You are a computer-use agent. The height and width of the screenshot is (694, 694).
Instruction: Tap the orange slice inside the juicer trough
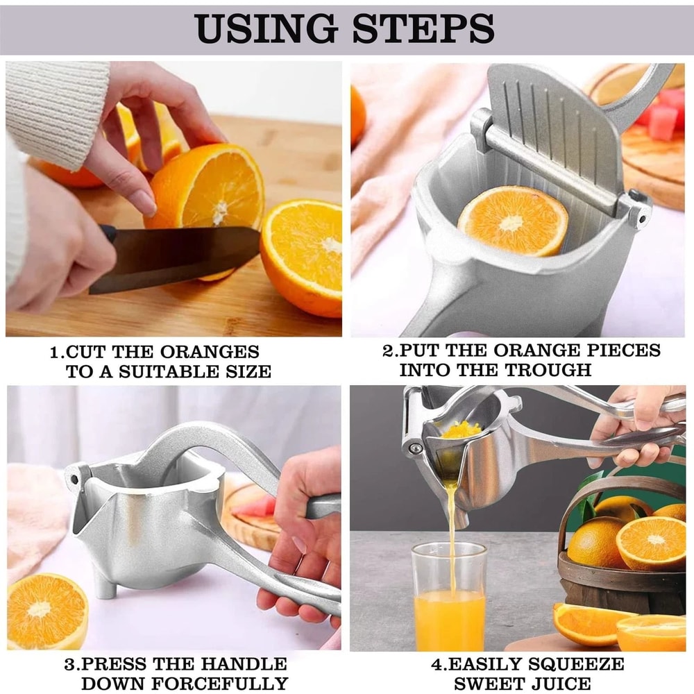pos(512,221)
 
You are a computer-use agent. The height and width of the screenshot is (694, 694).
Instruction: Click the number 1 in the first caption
pos(55,353)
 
